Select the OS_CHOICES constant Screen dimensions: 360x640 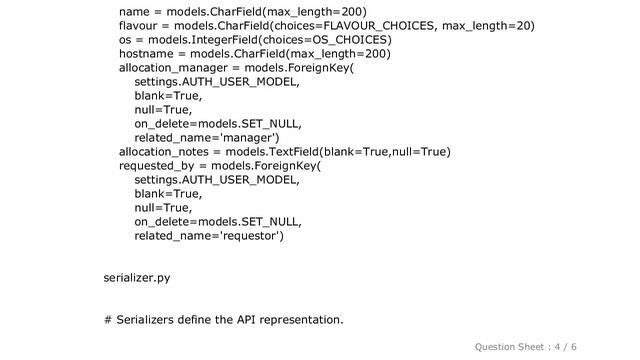click(348, 40)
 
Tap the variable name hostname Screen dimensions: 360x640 click(148, 54)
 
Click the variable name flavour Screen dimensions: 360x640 click(144, 26)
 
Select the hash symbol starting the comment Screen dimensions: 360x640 click(107, 320)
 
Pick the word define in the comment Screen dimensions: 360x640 click(202, 320)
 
